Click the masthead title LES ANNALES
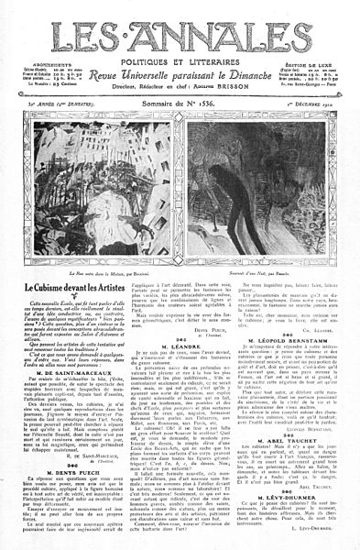click(x=180, y=36)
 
